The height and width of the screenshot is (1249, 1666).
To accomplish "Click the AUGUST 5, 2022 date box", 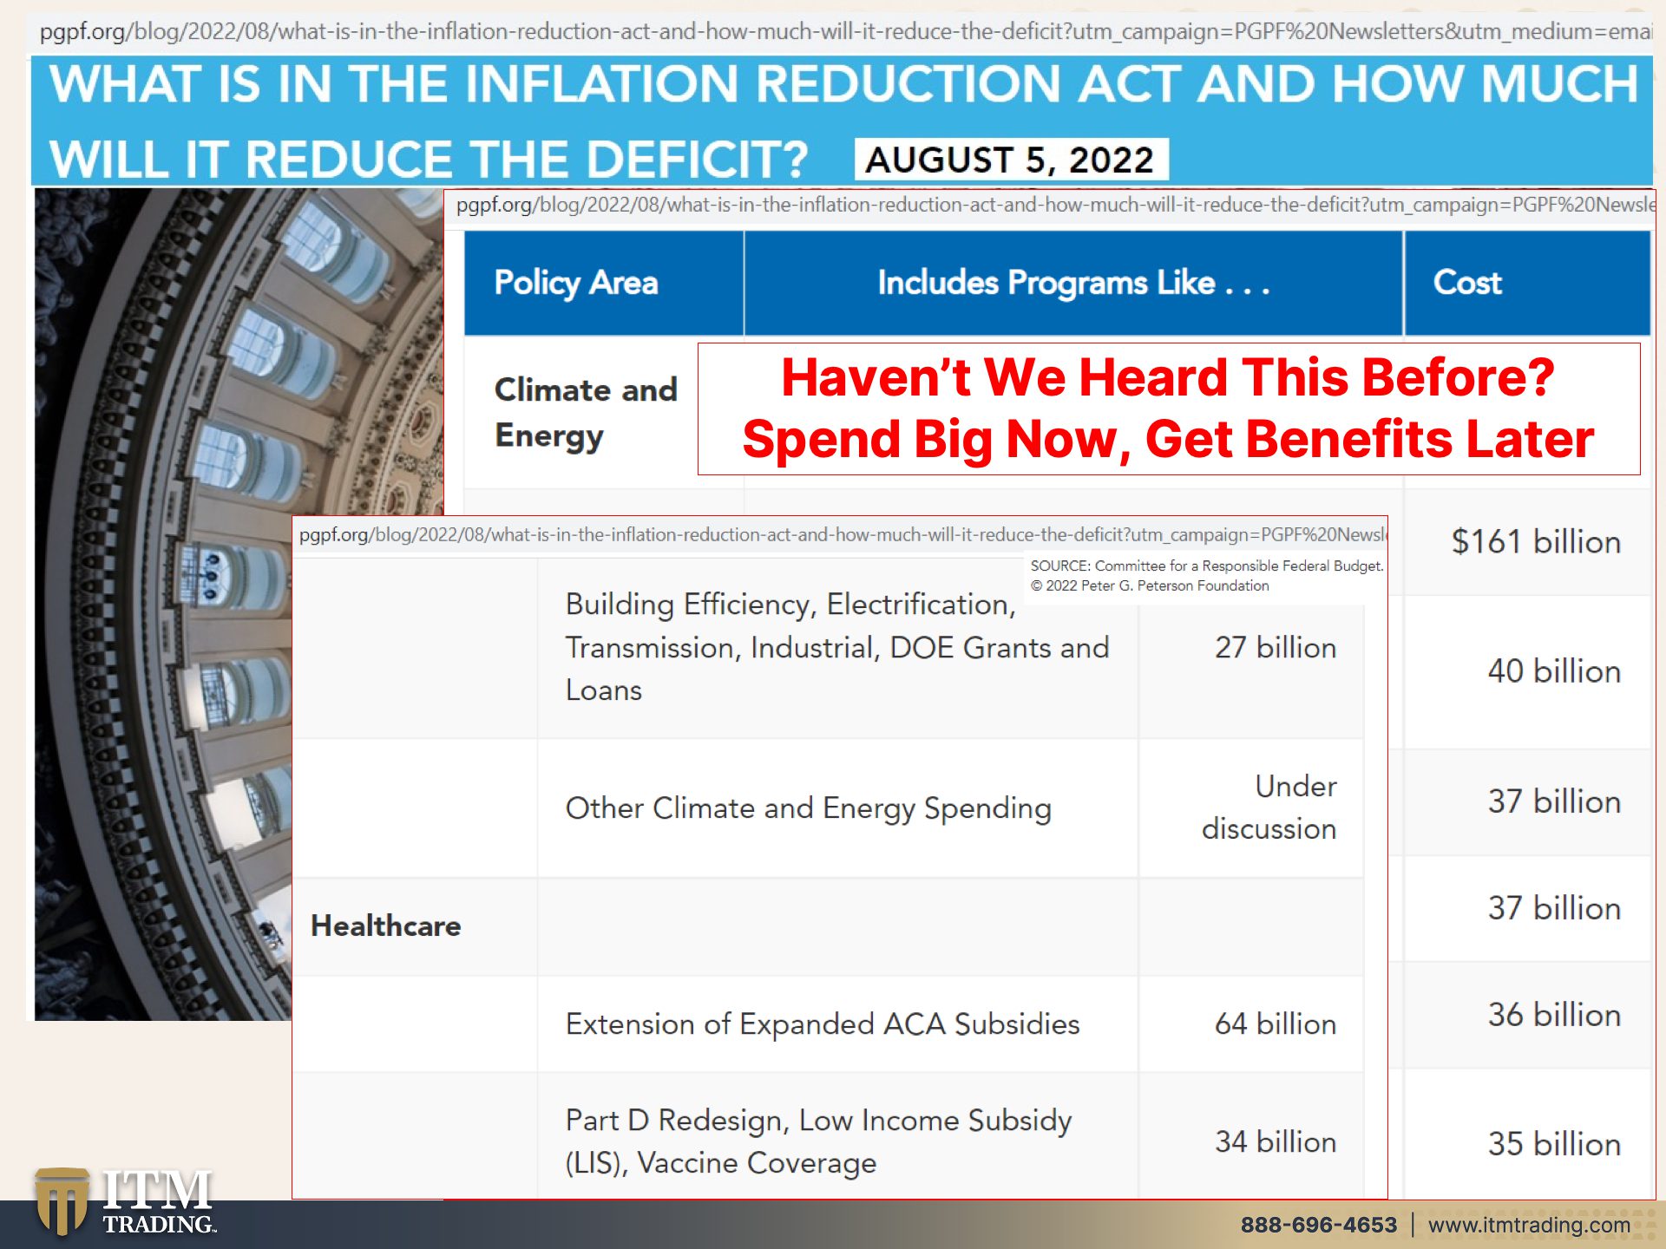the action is point(1011,160).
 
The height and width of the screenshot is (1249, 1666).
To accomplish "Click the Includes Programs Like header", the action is point(1073,283).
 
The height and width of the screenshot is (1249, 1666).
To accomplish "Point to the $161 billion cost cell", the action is point(1536,542).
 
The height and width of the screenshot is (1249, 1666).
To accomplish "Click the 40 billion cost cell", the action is point(1554,671).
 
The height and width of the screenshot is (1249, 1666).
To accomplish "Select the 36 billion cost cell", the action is point(1554,1015).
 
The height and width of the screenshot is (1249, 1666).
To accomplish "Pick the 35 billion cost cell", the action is point(1554,1144).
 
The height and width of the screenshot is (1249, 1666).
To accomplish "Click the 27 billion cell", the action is point(1275,648).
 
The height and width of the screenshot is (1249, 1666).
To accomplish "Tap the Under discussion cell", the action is point(1269,808).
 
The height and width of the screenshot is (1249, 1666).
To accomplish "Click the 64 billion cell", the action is point(1275,1024).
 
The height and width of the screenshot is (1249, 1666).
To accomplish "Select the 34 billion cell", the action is point(1275,1141).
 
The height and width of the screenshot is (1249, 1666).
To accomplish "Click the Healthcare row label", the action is point(386,926).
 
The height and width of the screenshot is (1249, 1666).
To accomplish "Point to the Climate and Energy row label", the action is point(586,413).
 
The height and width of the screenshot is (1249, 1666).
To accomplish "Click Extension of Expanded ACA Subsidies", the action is point(823,1024).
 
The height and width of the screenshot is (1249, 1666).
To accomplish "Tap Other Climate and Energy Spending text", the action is point(809,808).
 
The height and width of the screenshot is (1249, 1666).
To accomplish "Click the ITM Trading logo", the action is point(125,1201).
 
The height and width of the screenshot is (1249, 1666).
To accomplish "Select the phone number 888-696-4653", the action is point(1318,1225).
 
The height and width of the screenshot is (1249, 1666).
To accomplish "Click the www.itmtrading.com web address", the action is point(1529,1225).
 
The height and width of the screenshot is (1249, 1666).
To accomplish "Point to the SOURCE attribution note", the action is point(1206,576).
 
